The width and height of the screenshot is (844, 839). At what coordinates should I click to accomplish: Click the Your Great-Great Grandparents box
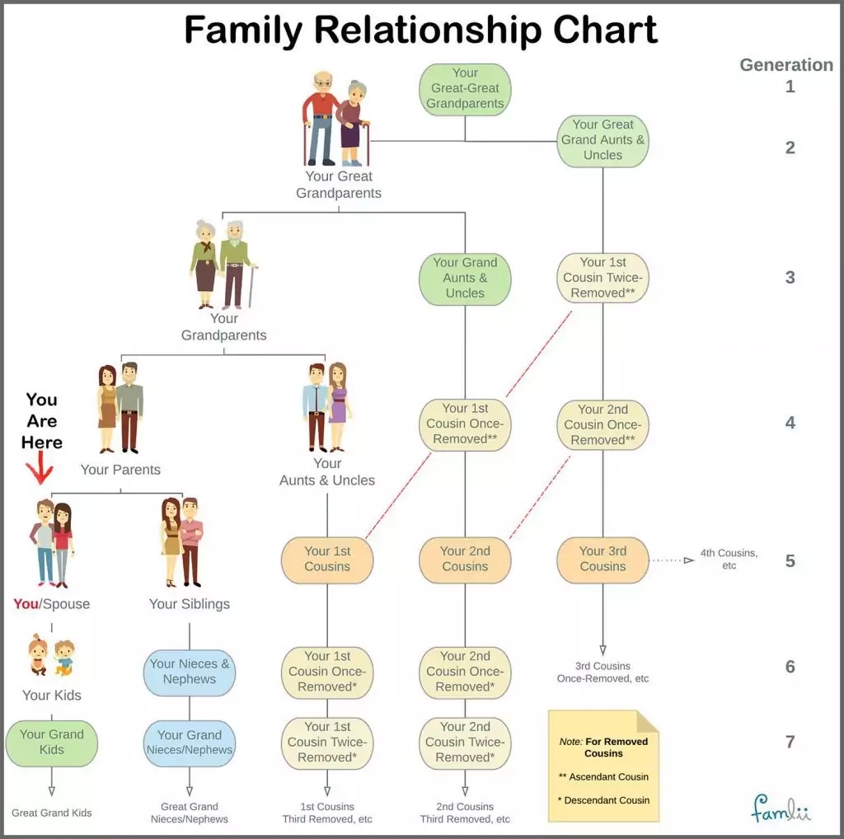(465, 88)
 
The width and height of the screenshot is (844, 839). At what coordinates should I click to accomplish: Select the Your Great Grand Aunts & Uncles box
(603, 139)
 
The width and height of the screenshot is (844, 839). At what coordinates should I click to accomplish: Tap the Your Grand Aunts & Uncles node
(465, 278)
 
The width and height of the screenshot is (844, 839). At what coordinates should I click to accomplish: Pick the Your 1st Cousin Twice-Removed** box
(603, 278)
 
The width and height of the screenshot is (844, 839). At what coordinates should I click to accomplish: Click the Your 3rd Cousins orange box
(603, 559)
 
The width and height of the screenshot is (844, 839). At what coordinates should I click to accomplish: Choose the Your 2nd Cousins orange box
(465, 559)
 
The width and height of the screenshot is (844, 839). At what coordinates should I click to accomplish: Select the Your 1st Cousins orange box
(327, 559)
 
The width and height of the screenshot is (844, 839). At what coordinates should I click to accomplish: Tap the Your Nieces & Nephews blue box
(190, 671)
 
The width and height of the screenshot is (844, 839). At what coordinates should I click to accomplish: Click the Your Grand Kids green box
(51, 742)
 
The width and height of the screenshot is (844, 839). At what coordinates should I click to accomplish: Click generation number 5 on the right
(790, 561)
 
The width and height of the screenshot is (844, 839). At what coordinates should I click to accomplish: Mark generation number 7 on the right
(790, 742)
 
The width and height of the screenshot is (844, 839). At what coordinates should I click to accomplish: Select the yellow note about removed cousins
(603, 766)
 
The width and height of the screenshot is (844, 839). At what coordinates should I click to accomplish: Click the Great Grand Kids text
(51, 813)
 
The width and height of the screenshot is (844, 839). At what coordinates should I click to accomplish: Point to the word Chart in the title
(593, 30)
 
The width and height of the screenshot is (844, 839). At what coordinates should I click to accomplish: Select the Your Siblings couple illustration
(182, 541)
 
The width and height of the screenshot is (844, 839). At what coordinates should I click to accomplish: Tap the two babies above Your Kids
(51, 655)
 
